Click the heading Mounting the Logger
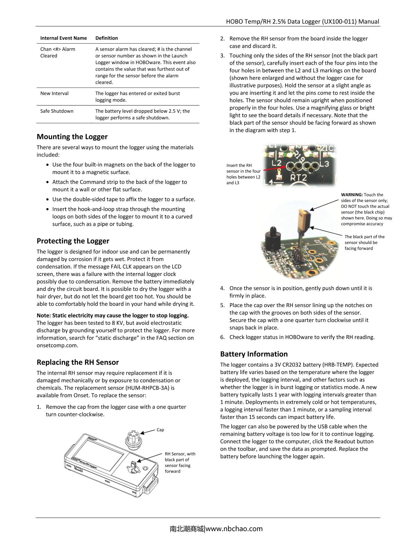(x=72, y=137)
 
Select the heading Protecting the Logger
(x=73, y=241)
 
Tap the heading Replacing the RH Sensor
(x=78, y=362)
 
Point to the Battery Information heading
(x=254, y=354)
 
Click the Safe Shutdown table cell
(x=57, y=111)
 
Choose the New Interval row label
(x=54, y=93)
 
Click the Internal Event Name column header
(x=63, y=38)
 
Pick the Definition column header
(x=106, y=38)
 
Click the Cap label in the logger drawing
(x=160, y=430)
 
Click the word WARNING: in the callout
(x=352, y=195)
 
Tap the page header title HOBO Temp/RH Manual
(x=302, y=21)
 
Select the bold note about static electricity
(x=113, y=315)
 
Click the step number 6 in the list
(x=222, y=337)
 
